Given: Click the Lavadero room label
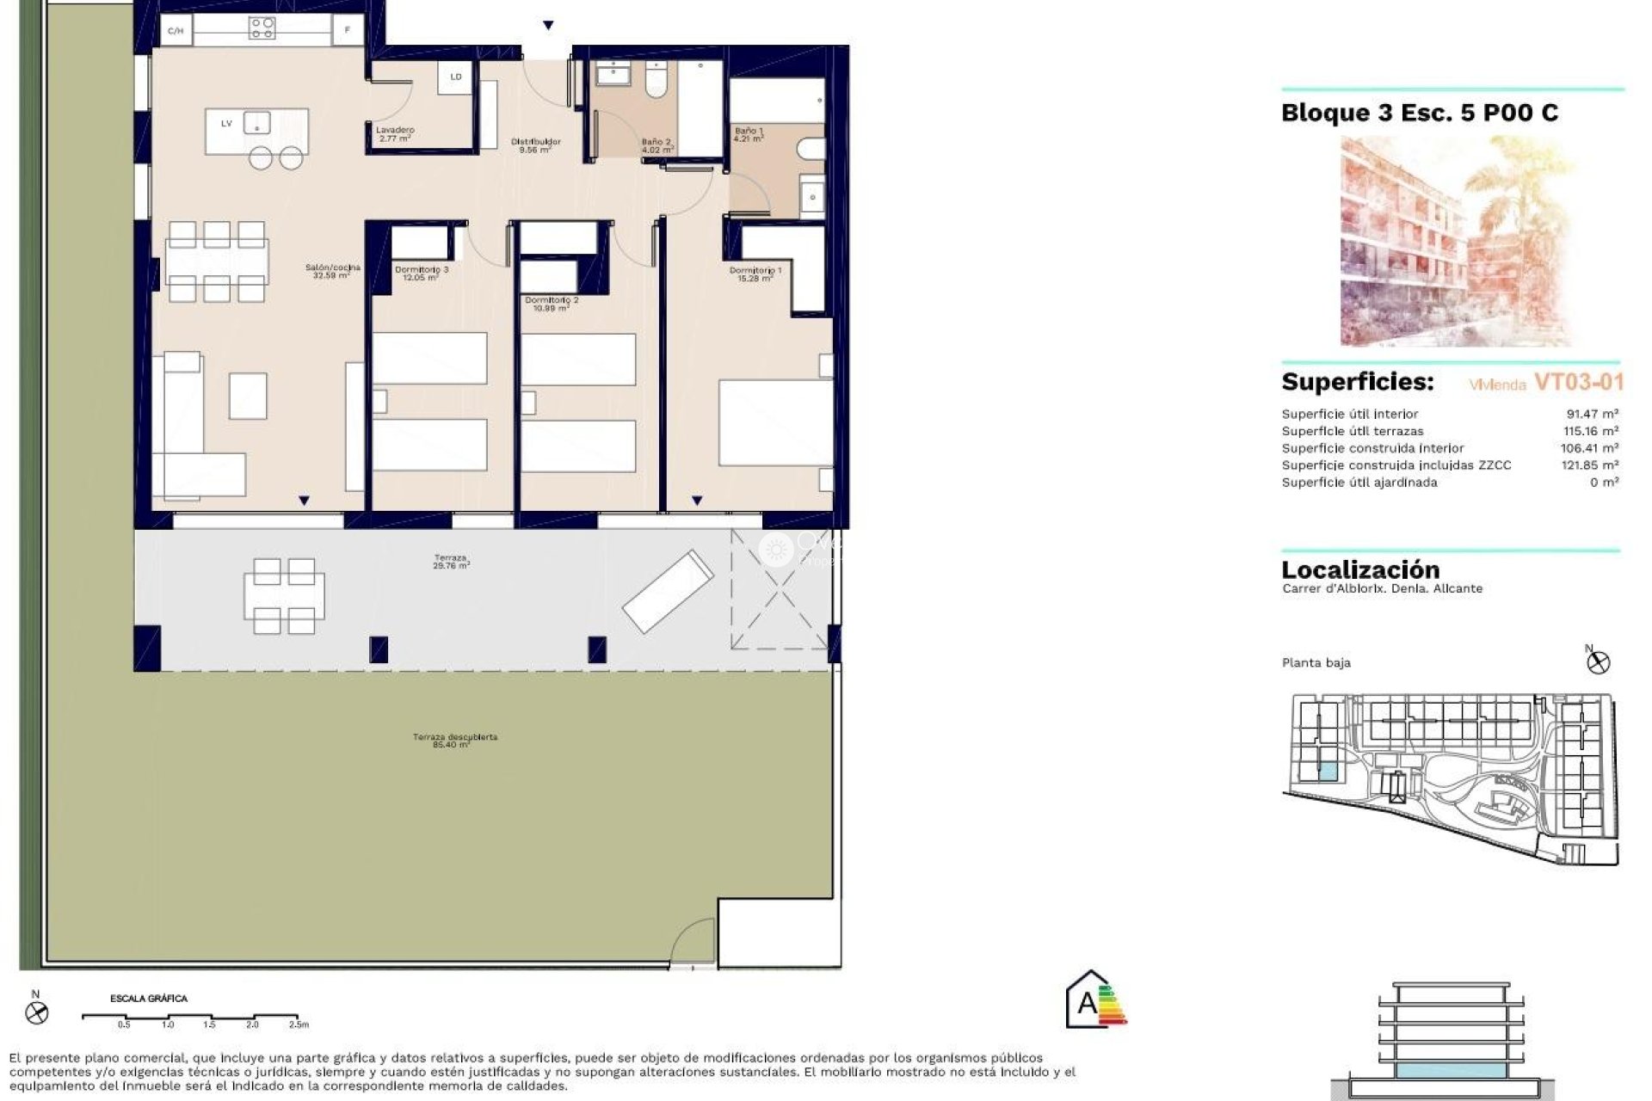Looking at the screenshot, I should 395,133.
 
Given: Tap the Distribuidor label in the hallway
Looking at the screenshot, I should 535,145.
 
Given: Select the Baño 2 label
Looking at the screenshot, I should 656,145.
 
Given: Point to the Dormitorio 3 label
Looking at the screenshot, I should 421,273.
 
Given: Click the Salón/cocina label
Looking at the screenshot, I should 332,271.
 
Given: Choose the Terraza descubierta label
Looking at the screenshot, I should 454,741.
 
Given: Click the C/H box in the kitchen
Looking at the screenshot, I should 176,31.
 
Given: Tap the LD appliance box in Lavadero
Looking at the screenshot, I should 456,77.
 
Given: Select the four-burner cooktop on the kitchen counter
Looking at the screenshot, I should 262,29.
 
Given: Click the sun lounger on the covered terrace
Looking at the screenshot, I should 668,591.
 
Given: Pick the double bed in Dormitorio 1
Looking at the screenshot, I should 774,421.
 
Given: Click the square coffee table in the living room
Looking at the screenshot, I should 248,396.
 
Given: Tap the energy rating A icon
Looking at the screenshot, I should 1094,1001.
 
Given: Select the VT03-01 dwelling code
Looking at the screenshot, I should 1578,382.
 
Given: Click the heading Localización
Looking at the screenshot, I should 1360,569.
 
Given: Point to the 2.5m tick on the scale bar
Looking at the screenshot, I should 298,1024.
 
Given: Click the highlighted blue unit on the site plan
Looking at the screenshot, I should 1328,772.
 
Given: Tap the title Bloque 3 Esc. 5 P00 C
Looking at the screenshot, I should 1419,113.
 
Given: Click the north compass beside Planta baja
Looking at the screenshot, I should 1599,661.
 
